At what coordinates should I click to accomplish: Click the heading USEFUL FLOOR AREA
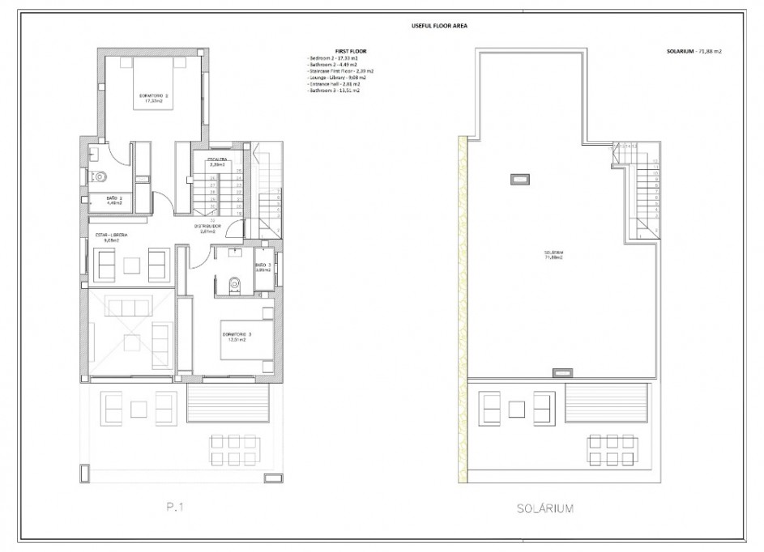click(x=440, y=26)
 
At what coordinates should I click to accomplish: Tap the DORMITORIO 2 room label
click(x=154, y=98)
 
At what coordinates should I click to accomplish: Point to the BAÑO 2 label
click(x=114, y=201)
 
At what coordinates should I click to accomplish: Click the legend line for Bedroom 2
click(x=333, y=58)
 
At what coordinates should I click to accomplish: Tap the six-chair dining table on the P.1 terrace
click(x=235, y=448)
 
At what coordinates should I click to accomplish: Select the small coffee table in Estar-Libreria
click(x=131, y=264)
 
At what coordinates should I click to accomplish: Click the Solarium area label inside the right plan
click(x=554, y=255)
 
